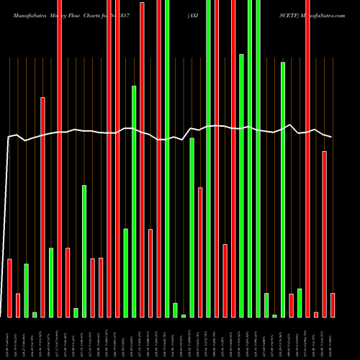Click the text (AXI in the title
[x=195, y=14]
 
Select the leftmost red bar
[x=9, y=288]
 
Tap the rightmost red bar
[x=333, y=305]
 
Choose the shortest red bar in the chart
[x=316, y=314]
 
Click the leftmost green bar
[x=26, y=290]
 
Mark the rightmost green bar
[x=300, y=302]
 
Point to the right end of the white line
[x=332, y=137]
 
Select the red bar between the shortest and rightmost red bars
[x=324, y=234]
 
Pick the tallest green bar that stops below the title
[x=241, y=185]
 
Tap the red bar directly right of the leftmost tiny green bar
[x=42, y=207]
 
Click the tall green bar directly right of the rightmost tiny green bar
[x=283, y=189]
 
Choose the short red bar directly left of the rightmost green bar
[x=291, y=305]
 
